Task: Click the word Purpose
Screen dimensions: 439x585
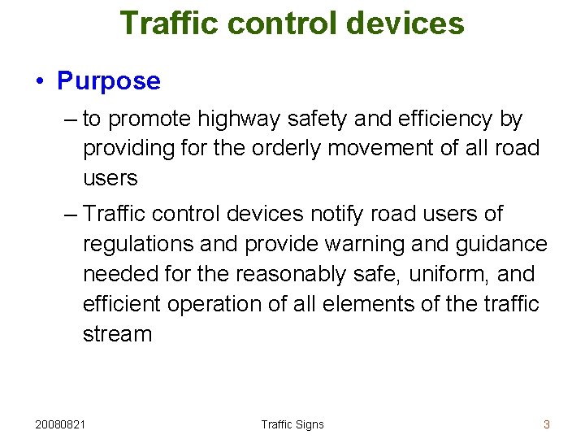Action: (x=109, y=81)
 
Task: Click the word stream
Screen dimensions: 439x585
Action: (x=117, y=334)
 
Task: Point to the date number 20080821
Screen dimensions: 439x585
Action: (x=63, y=424)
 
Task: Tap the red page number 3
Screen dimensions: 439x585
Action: (x=547, y=424)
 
